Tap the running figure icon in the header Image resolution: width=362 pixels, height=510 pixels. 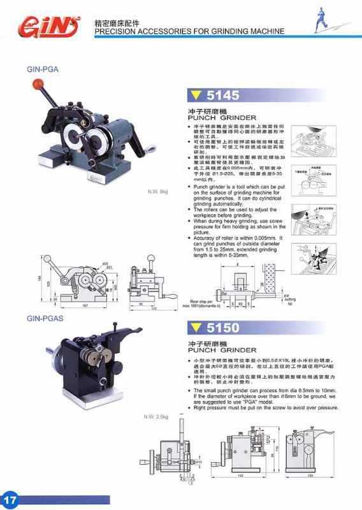[327, 25]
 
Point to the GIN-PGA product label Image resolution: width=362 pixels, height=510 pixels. [43, 71]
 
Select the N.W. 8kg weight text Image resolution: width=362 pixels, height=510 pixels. [157, 191]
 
